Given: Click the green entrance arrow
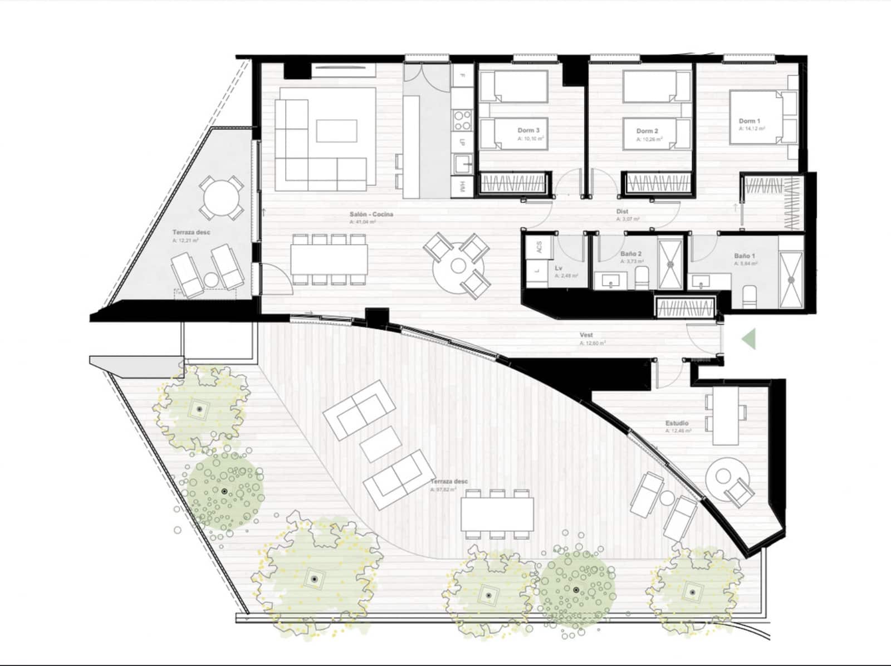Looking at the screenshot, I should point(749,339).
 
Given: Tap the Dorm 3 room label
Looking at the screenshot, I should point(528,130).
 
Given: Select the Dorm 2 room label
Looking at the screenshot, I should point(647,131).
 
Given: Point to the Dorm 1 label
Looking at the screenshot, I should point(748,121).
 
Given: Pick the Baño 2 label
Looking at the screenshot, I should point(631,253).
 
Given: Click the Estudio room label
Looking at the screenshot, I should point(677,423).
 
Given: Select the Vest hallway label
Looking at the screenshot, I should point(586,336).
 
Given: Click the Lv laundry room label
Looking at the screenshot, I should point(558,268).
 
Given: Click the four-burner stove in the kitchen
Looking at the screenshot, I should point(462,120).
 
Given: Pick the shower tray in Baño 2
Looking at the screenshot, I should point(670,264).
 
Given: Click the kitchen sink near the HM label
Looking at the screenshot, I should point(462,165).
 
